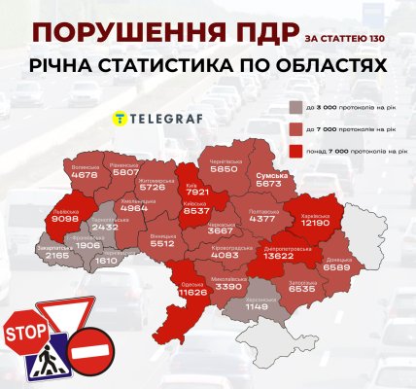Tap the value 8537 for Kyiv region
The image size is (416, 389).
click(198, 210)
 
